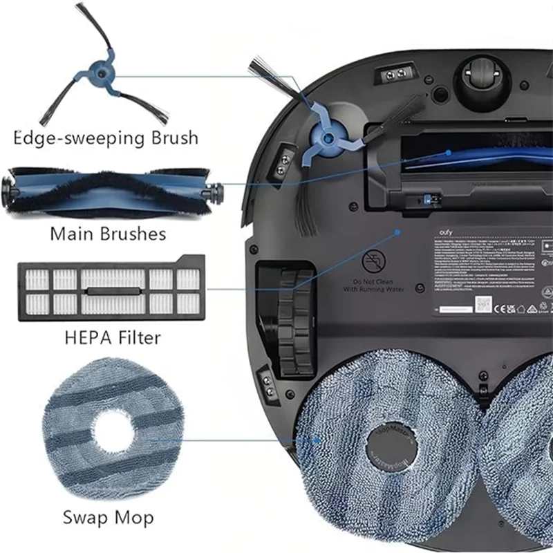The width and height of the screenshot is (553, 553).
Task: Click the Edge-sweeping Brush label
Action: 106,138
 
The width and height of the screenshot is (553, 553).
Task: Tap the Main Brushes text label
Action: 108,233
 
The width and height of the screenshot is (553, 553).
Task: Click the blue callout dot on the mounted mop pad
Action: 319,438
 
